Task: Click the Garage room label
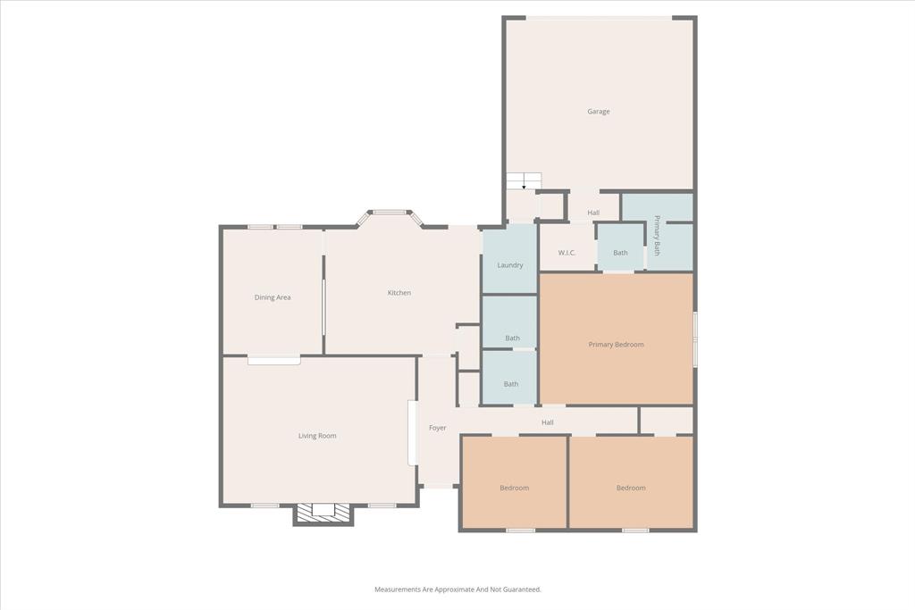[599, 112]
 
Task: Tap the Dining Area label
[273, 297]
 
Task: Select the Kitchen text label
[399, 293]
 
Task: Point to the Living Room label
[317, 436]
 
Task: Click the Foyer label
[438, 428]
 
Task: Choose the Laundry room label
[510, 265]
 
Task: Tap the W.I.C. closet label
[567, 253]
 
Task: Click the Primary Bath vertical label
[657, 236]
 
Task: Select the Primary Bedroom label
[617, 345]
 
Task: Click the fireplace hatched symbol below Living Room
[323, 511]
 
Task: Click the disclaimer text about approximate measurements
[457, 589]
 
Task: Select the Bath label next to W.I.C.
[620, 253]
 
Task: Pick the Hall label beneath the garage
[593, 213]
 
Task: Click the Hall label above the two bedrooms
[548, 422]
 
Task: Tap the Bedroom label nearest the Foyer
[515, 488]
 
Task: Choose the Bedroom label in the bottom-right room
[631, 488]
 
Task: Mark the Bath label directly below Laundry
[512, 338]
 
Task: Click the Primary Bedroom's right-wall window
[694, 338]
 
